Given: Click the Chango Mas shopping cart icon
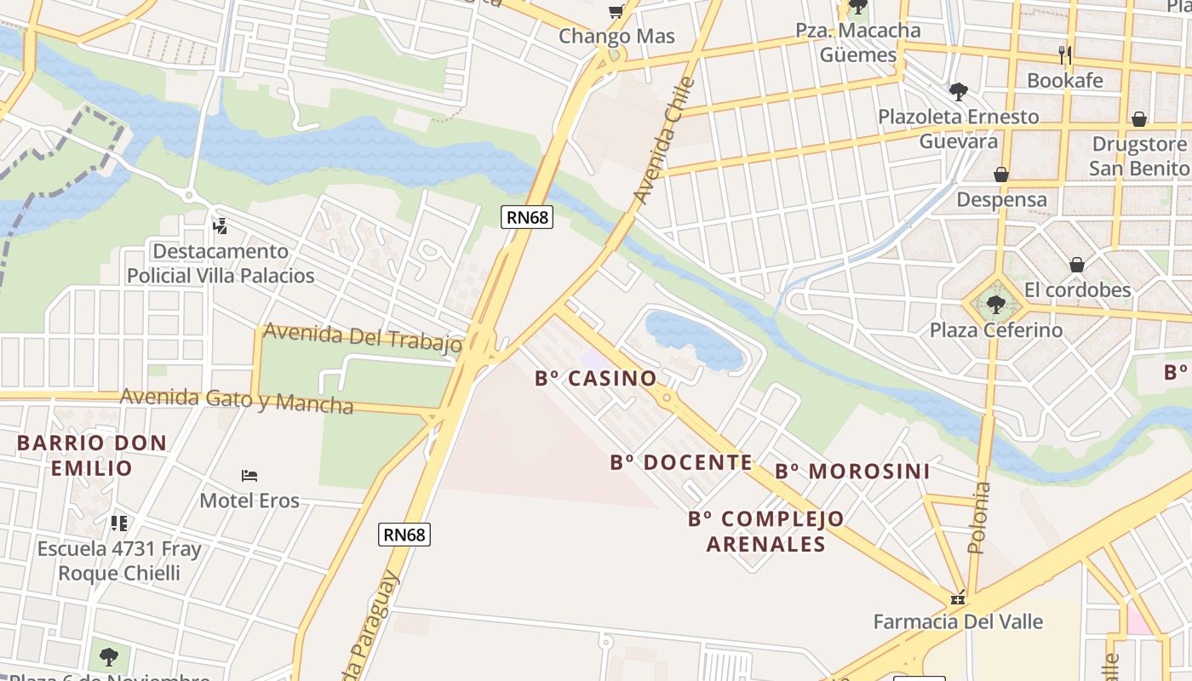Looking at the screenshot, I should tap(616, 11).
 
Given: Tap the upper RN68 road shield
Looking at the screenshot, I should tap(527, 217).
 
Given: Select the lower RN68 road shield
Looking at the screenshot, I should tap(404, 535).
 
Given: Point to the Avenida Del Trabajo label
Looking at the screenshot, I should tap(362, 337).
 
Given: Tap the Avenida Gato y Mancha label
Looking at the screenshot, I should tap(237, 400).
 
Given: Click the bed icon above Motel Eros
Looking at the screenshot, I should tap(249, 475).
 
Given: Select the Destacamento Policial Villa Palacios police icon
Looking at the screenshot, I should tap(220, 226).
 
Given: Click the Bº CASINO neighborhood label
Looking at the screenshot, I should tap(596, 379).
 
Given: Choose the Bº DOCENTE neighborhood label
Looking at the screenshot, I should tap(681, 463).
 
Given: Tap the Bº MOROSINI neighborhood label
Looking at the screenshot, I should tap(852, 472).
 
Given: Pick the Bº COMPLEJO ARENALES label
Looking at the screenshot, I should tap(766, 531).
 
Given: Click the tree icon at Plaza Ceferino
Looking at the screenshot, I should tap(995, 304).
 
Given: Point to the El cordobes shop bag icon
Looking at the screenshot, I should tap(1077, 265).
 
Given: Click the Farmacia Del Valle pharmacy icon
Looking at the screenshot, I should tap(958, 598).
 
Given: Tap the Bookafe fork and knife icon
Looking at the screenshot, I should tap(1064, 55).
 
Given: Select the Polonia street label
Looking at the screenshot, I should tap(981, 518).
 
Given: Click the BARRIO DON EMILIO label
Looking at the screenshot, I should tap(92, 455).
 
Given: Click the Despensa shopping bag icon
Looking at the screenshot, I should tap(1001, 175).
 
